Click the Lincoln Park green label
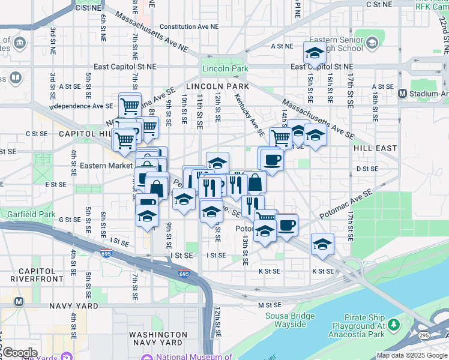(x=225, y=68)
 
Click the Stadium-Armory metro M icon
(x=404, y=93)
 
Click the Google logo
(x=20, y=353)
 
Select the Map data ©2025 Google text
(x=412, y=355)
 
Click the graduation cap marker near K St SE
(x=322, y=244)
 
